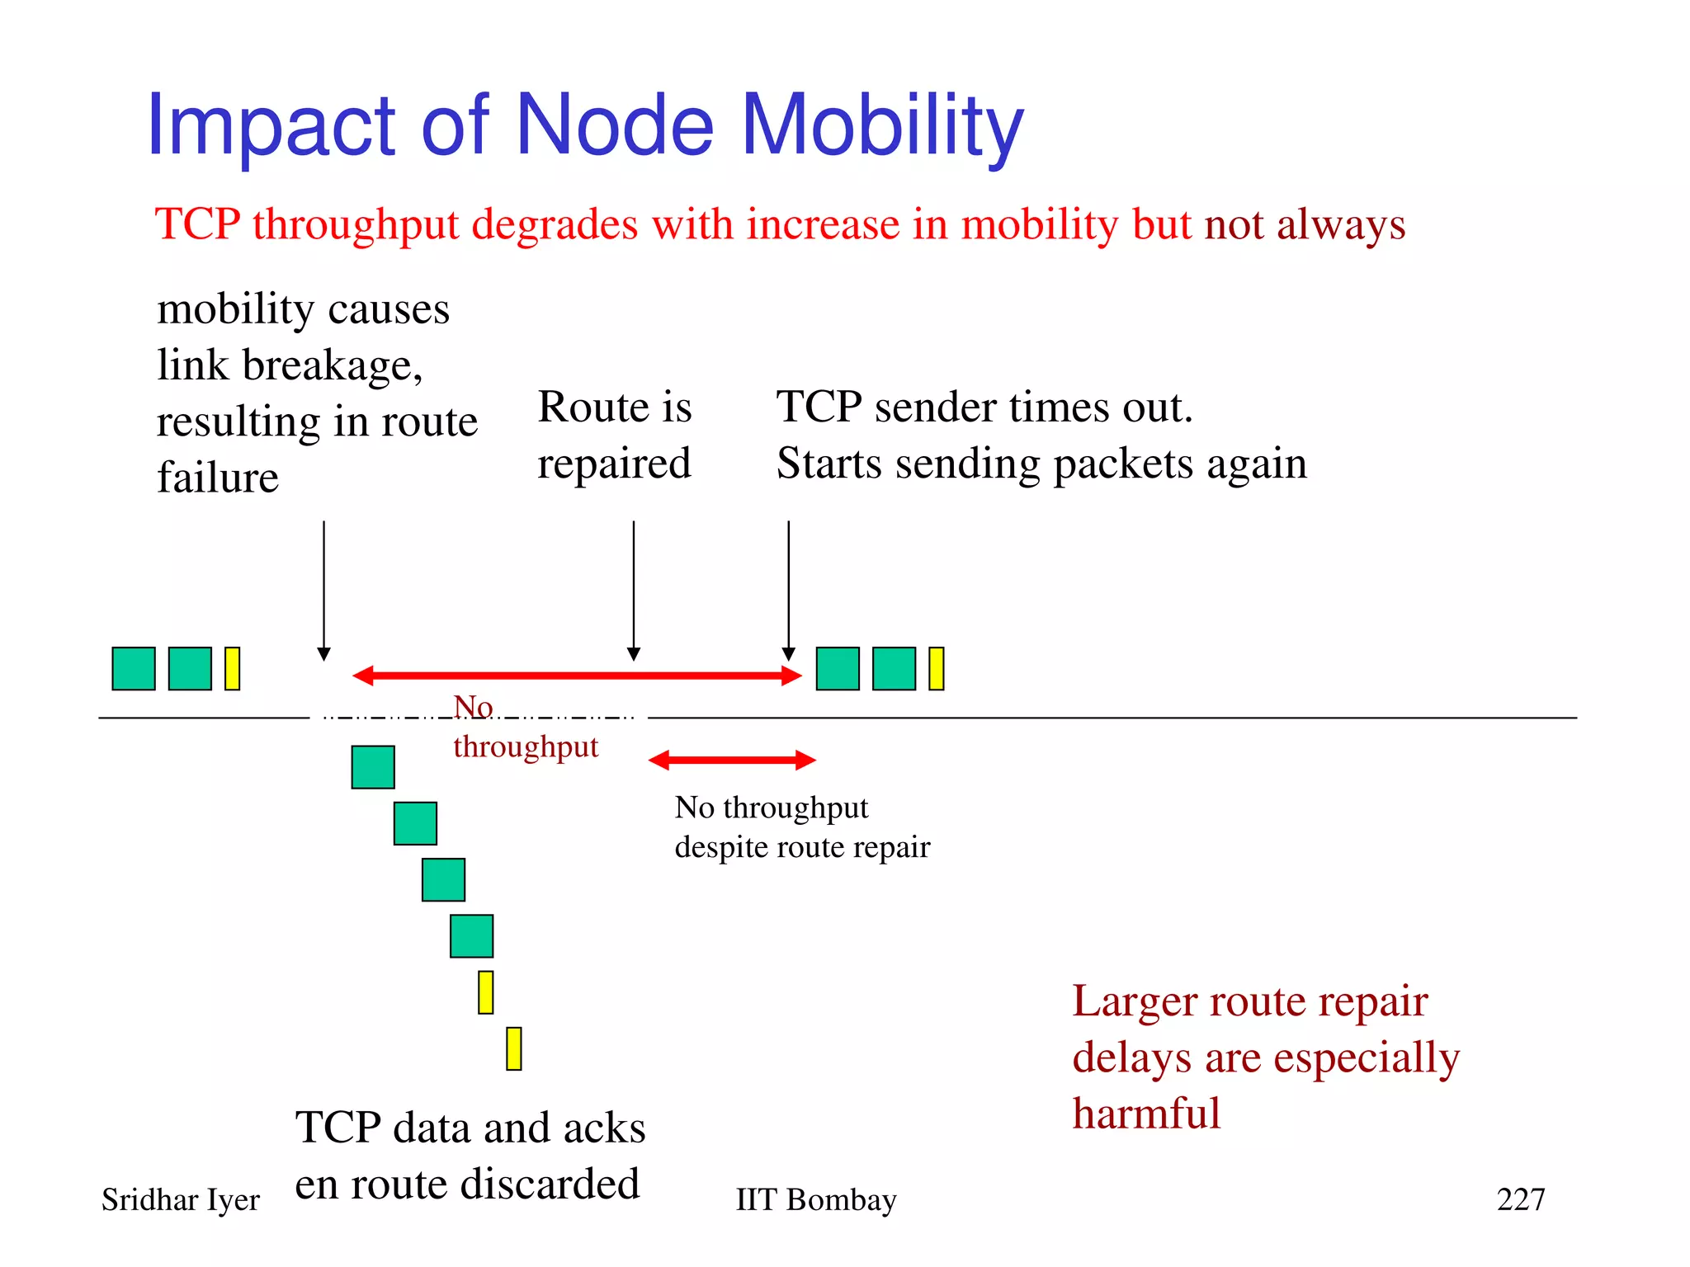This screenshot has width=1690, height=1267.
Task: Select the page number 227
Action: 1520,1199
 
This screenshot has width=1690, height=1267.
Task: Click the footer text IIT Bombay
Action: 815,1199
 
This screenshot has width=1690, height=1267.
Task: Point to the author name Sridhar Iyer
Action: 180,1199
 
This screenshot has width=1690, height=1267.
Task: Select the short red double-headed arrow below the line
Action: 732,760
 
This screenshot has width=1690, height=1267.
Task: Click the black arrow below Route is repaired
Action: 634,590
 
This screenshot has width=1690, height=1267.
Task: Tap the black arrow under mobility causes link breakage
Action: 324,590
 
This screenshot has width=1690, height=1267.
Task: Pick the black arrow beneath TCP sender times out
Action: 789,590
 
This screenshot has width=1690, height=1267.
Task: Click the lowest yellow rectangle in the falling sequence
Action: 513,1048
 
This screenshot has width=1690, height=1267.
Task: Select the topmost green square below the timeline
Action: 373,767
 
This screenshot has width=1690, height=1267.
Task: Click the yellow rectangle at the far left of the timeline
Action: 232,668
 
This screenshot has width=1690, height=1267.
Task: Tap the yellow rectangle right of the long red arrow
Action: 936,668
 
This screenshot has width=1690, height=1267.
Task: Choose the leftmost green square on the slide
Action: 134,668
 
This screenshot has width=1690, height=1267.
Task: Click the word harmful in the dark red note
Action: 1145,1113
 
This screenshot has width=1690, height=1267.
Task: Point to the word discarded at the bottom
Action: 550,1184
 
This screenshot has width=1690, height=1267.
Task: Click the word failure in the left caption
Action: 218,478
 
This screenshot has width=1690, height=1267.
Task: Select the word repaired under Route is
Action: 614,464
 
